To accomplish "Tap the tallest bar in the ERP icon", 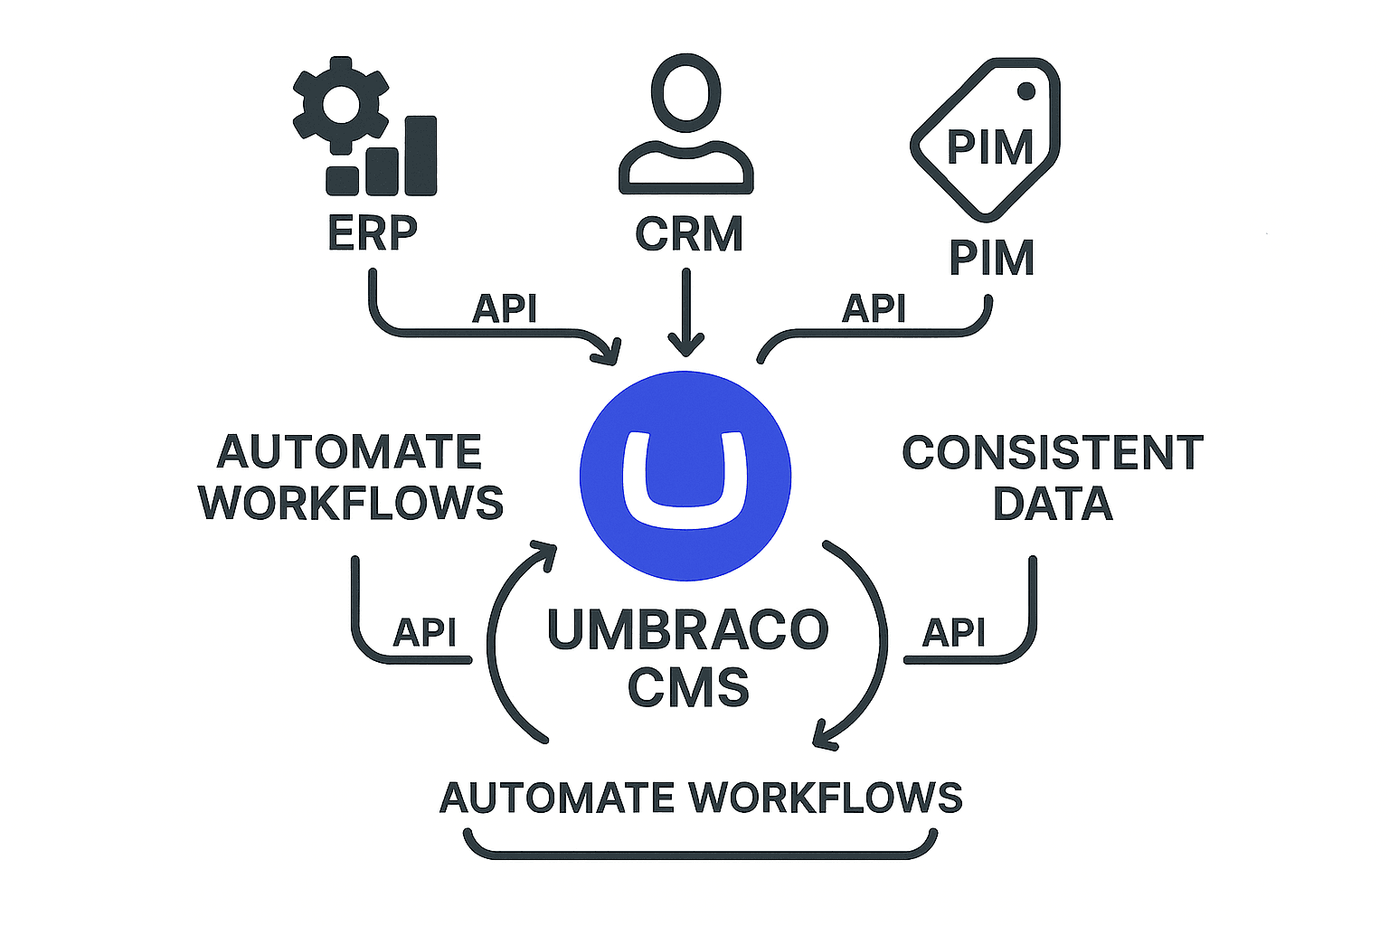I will tap(421, 155).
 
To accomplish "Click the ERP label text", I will tap(372, 233).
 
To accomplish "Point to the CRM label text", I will tap(688, 234).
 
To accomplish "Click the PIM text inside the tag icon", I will tap(989, 147).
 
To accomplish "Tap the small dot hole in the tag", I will tap(1026, 90).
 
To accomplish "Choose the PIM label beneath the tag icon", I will tap(991, 259).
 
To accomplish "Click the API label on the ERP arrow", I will tap(505, 309).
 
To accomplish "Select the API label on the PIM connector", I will tap(874, 309).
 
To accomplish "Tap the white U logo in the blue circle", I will tap(685, 479).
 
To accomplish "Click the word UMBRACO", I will tap(687, 630).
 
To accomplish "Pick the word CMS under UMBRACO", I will tap(688, 688).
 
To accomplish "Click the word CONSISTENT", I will tap(1053, 452).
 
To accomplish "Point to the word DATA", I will tap(1053, 504).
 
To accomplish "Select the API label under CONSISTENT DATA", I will tap(953, 632).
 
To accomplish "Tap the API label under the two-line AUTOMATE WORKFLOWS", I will tap(424, 632).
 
